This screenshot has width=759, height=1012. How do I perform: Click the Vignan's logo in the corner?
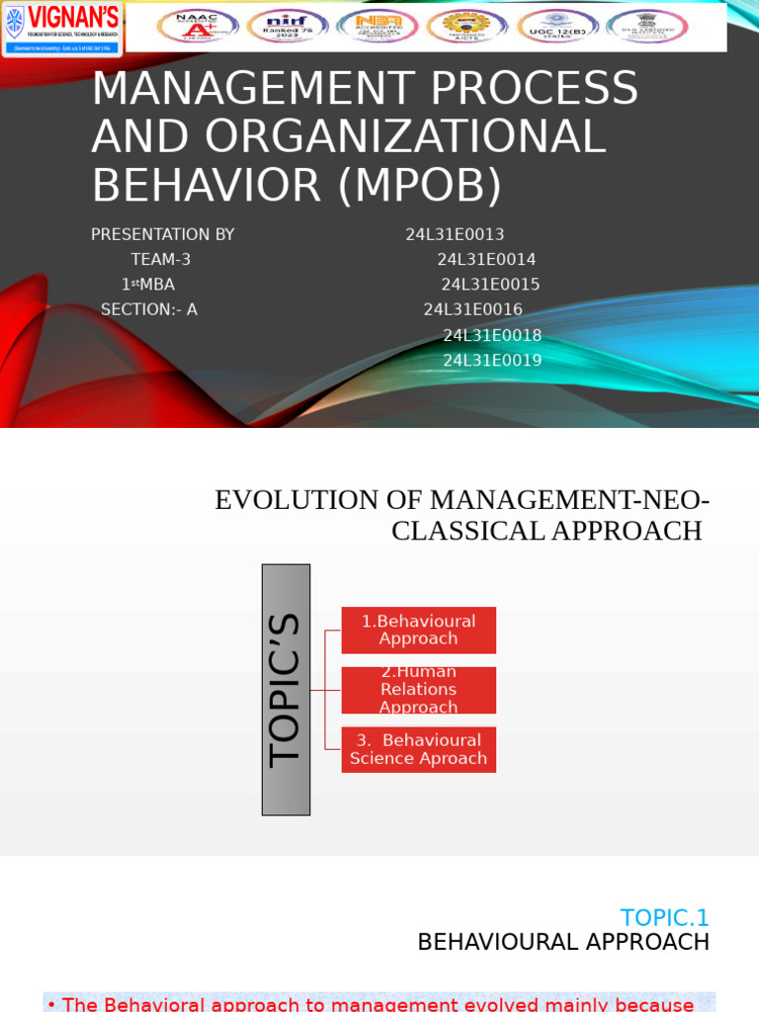(62, 28)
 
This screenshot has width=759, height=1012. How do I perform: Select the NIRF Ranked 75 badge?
(288, 27)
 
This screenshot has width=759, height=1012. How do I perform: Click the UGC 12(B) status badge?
(557, 27)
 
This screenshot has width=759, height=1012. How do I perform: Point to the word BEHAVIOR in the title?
(207, 186)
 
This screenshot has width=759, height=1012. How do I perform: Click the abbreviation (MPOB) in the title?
(420, 186)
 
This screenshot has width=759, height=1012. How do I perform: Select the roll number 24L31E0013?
(455, 235)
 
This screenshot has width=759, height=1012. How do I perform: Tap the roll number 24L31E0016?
(472, 310)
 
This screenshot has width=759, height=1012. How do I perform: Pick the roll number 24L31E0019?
(492, 361)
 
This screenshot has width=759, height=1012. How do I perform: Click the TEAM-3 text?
(160, 260)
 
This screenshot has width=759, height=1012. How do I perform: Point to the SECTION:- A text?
(148, 310)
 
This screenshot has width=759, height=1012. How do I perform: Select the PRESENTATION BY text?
(162, 235)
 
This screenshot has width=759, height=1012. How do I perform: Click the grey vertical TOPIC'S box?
(286, 689)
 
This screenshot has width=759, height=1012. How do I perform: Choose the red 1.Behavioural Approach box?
(418, 630)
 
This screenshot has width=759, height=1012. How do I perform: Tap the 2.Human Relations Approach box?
(418, 690)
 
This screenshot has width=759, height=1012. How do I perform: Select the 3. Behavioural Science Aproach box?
(418, 749)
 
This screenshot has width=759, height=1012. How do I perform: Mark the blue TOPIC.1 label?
(664, 918)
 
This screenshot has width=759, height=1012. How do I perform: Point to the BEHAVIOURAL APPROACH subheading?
(562, 943)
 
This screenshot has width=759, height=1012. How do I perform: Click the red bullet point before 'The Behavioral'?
(51, 1005)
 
